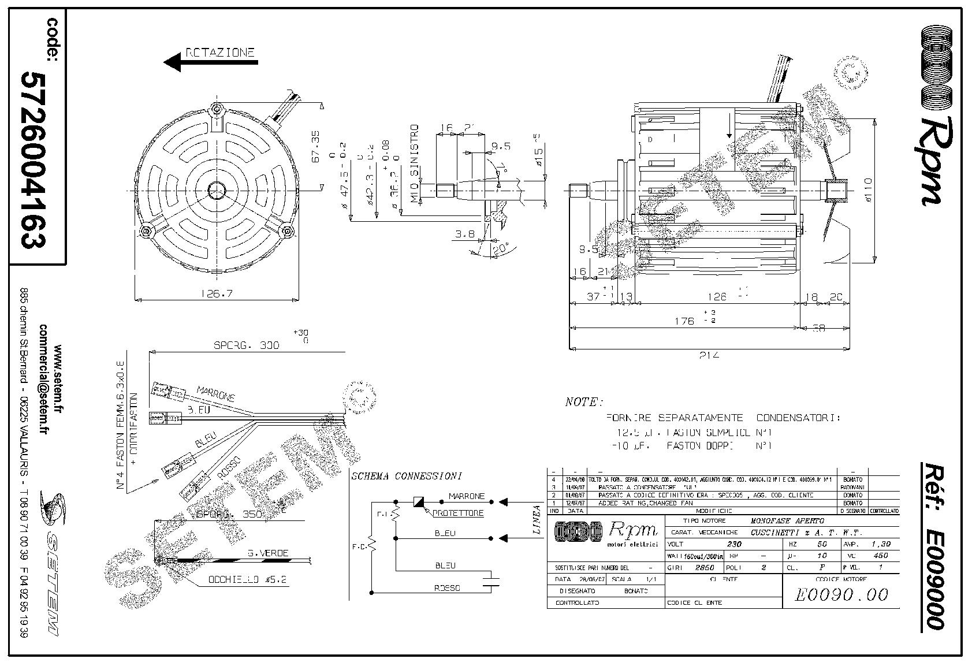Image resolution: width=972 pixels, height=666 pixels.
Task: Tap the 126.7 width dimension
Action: (x=217, y=293)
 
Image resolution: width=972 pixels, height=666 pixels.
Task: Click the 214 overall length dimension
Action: (x=710, y=355)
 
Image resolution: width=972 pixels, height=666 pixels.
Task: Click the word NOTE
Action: (x=583, y=402)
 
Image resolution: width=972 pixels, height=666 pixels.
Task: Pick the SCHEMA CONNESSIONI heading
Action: (x=406, y=477)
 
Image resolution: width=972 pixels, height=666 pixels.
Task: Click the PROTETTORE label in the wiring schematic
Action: (x=458, y=513)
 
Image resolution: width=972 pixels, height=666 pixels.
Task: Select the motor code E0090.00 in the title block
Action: (x=841, y=594)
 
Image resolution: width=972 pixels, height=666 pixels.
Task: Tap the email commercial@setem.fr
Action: (x=43, y=379)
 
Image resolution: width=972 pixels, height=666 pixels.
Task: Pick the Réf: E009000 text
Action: (x=931, y=545)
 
